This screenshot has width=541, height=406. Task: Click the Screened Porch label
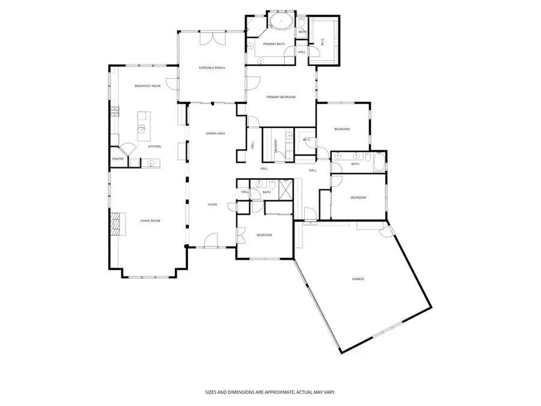click(x=211, y=69)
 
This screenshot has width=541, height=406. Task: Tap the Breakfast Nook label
click(x=147, y=87)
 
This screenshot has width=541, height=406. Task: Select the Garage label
click(x=358, y=279)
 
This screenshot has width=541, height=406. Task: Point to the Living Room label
click(x=150, y=221)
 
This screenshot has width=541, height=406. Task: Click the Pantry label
click(x=118, y=159)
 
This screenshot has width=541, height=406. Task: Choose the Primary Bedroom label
click(x=281, y=97)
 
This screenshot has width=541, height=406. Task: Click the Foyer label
click(x=212, y=205)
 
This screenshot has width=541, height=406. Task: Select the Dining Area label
click(x=215, y=134)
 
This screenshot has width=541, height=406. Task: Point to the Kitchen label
click(x=155, y=147)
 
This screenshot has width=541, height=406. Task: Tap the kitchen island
click(x=143, y=123)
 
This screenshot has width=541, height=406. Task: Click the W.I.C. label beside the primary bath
click(x=323, y=42)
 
